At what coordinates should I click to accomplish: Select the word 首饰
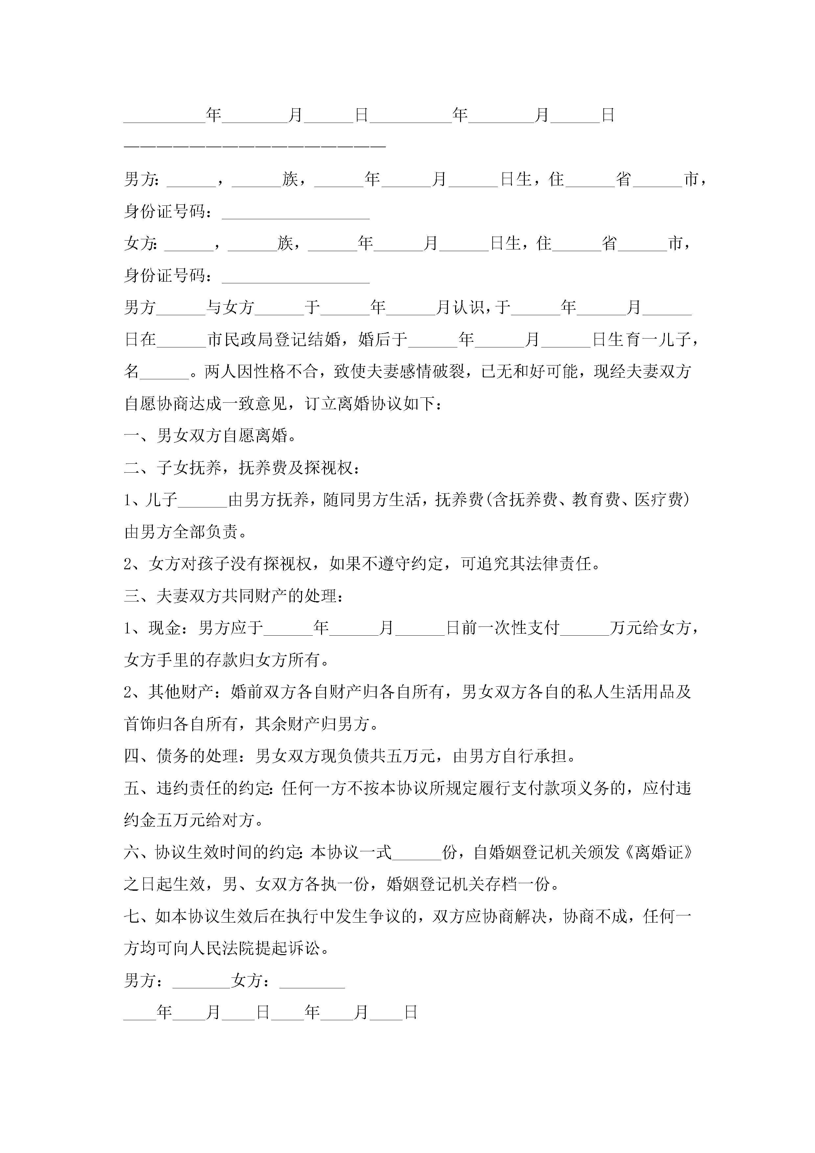pos(140,724)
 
